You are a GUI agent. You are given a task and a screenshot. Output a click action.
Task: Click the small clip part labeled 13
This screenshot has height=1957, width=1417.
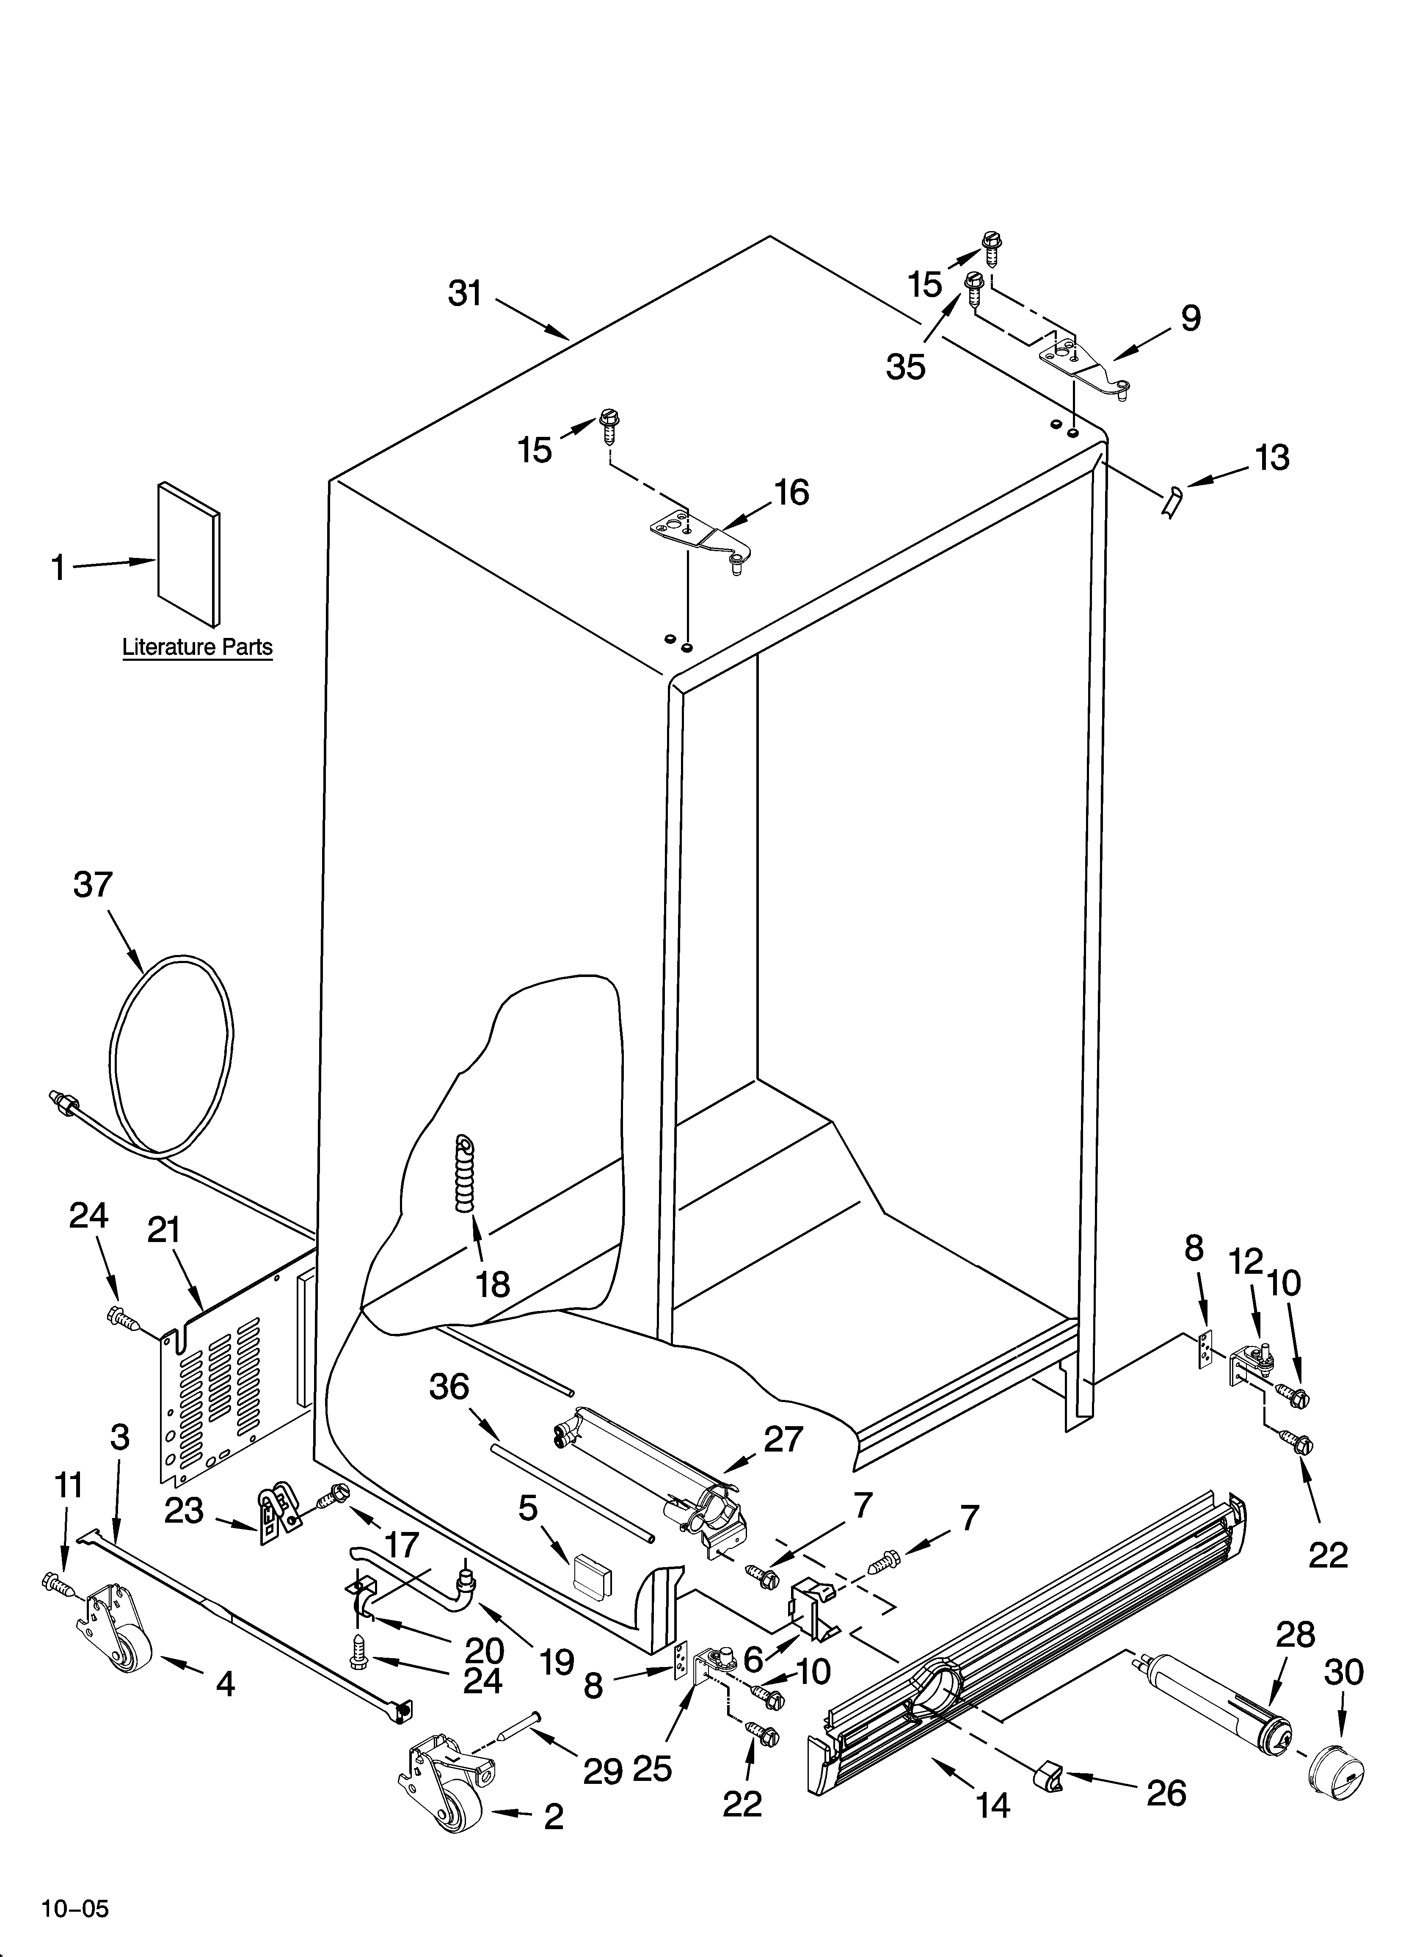(1172, 500)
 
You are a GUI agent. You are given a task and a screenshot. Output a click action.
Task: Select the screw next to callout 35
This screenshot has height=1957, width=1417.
(974, 286)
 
